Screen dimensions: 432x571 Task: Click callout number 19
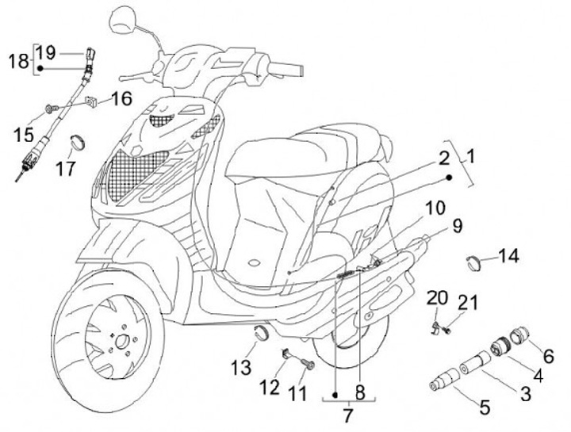(46, 53)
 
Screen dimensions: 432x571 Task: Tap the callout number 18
(18, 61)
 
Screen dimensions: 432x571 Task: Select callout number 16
(121, 99)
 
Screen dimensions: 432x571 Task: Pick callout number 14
(508, 255)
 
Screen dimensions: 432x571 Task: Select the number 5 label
(485, 408)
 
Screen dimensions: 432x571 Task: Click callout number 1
(470, 157)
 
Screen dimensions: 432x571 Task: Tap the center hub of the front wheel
(123, 342)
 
